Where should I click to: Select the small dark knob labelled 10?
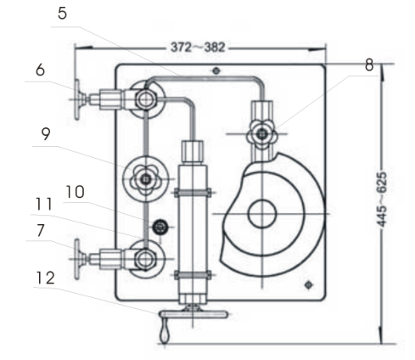click(x=158, y=227)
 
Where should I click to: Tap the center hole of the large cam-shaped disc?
click(x=261, y=214)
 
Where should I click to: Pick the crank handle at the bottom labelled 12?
click(x=193, y=315)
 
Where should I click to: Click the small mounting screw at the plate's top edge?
click(x=217, y=70)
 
